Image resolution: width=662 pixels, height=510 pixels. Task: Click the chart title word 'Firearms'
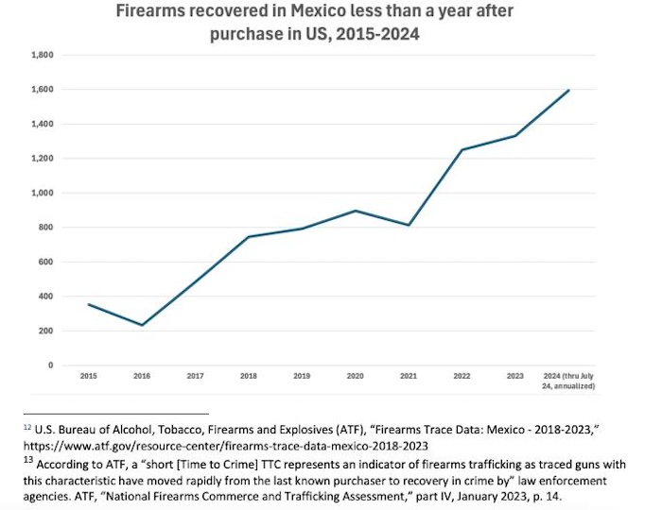(x=154, y=14)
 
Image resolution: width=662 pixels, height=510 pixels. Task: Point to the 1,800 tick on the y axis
(x=41, y=56)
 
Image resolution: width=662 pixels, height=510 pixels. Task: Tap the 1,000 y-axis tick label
(x=41, y=194)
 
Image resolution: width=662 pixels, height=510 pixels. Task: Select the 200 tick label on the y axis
(x=44, y=331)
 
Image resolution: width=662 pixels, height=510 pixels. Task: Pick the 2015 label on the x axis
(x=88, y=377)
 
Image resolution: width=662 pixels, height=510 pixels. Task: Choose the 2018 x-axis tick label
(x=249, y=377)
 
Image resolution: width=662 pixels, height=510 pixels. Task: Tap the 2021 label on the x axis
(x=408, y=377)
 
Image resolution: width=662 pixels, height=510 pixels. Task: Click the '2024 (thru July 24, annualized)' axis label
(x=568, y=382)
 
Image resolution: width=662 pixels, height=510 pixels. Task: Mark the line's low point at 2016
(x=142, y=326)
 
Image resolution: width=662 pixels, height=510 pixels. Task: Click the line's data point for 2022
(x=462, y=150)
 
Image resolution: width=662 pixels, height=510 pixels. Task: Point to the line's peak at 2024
(x=568, y=90)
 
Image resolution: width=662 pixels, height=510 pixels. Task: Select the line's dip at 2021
(x=408, y=225)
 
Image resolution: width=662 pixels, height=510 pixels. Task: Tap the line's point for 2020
(x=355, y=211)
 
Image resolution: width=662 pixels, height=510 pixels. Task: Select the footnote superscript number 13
(x=26, y=458)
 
